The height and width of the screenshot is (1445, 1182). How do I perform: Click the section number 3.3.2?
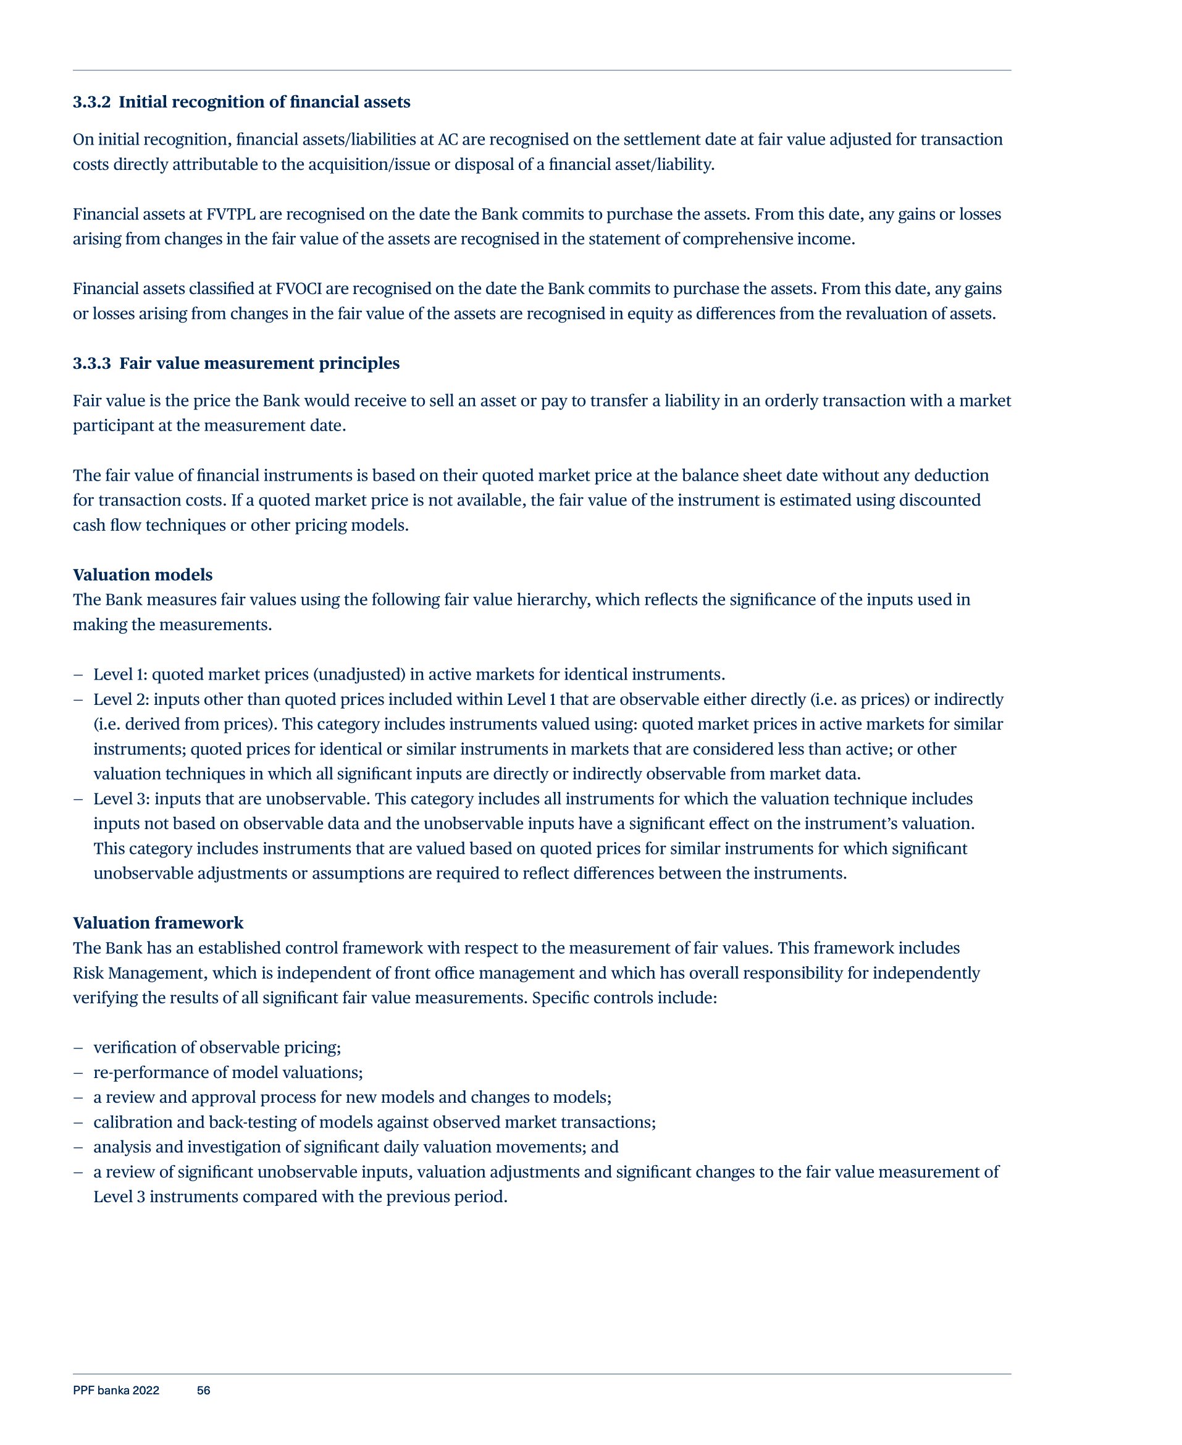[91, 102]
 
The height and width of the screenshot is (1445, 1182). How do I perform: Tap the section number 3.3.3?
[91, 364]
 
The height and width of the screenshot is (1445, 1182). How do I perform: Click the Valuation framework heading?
[158, 923]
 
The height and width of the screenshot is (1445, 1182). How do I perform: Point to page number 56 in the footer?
[204, 1391]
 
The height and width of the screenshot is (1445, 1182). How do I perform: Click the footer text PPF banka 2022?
[115, 1391]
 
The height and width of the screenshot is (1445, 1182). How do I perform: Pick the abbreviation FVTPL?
[231, 214]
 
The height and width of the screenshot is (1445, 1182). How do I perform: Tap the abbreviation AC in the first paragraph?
[447, 140]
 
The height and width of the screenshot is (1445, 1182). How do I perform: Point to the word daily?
[401, 1147]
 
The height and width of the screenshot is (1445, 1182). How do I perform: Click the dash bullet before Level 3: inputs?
[78, 799]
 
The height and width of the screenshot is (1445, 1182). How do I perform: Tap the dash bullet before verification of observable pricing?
[78, 1048]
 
